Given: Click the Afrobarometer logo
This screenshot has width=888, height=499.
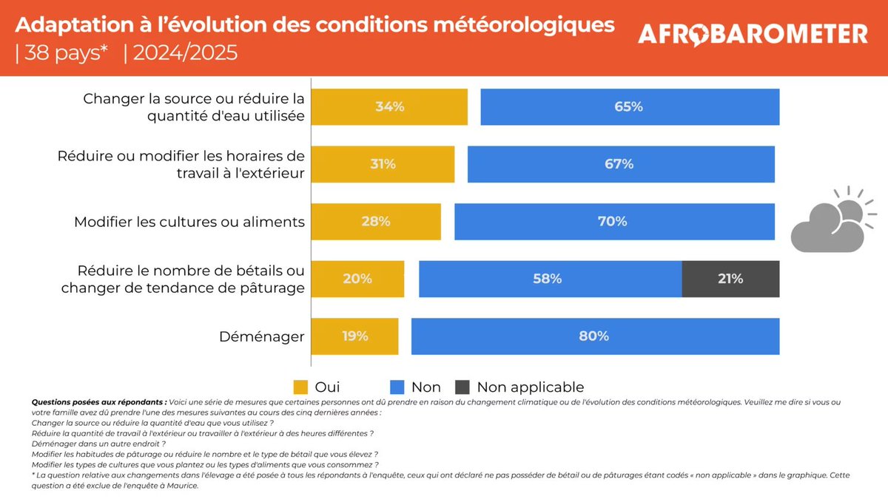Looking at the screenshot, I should coord(753,34).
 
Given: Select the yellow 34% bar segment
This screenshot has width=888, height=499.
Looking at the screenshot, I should coord(389,106).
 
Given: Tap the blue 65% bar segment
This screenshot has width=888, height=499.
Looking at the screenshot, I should coord(629,106).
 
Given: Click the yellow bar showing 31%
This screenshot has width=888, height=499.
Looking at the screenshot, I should coord(383,164).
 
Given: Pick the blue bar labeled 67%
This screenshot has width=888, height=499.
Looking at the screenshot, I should coord(620,164).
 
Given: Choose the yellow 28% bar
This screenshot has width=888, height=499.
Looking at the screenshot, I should coord(376,221).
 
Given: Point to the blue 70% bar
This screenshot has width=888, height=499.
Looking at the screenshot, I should coord(613,221).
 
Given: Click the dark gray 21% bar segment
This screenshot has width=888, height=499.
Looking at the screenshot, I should coord(730,279).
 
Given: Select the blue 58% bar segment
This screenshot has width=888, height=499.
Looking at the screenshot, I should coord(550,279).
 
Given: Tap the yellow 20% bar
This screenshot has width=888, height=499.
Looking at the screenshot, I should coord(357,279).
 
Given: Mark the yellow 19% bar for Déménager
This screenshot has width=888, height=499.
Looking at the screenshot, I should coord(354,336).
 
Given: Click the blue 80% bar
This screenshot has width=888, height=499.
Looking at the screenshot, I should coord(595,336).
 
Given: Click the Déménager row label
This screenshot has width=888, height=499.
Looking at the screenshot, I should coord(262,337).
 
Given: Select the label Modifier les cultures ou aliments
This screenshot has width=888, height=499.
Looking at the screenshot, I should coord(189,222).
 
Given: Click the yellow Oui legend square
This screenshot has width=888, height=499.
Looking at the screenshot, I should coord(300,387).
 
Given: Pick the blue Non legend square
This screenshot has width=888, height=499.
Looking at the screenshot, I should coord(397,387).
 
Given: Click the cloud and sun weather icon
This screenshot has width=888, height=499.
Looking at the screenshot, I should coord(828,220).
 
